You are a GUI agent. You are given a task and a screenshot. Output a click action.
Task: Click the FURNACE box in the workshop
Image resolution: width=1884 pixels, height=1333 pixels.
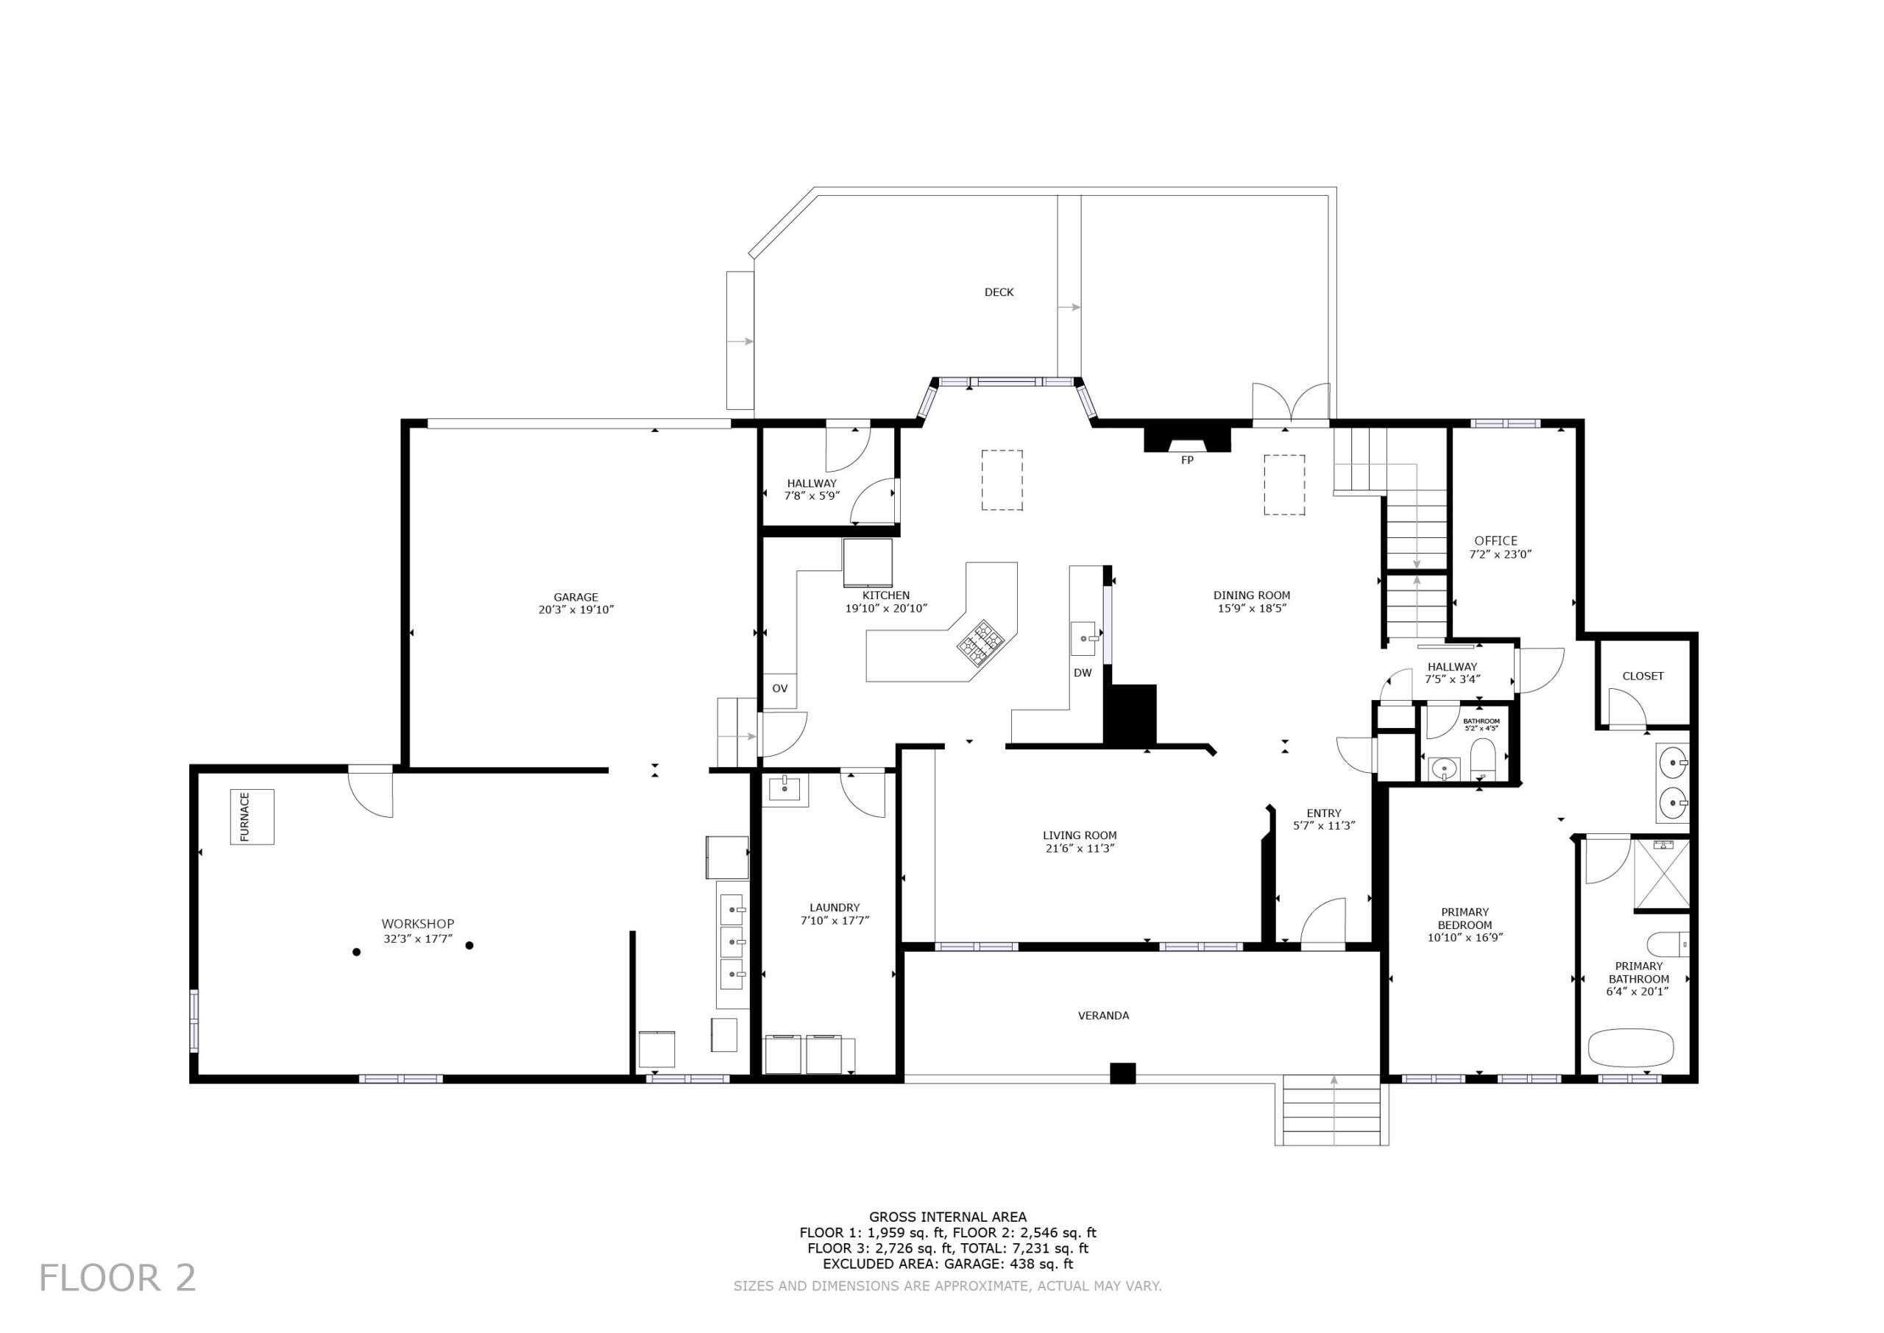pyautogui.click(x=252, y=817)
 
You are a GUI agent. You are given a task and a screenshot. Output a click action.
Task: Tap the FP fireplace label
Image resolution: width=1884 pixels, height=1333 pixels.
pyautogui.click(x=1186, y=461)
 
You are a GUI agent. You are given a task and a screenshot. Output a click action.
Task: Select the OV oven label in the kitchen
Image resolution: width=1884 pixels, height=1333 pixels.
pyautogui.click(x=779, y=689)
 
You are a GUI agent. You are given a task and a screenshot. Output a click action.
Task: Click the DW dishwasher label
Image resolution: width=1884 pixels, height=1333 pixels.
pyautogui.click(x=1083, y=673)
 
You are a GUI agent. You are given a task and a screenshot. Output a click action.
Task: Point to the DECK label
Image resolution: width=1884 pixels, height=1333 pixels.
pyautogui.click(x=999, y=292)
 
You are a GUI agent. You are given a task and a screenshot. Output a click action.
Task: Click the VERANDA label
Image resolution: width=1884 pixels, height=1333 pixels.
pyautogui.click(x=1104, y=1015)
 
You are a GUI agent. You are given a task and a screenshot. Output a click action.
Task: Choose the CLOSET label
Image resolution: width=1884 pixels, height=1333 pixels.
pyautogui.click(x=1643, y=676)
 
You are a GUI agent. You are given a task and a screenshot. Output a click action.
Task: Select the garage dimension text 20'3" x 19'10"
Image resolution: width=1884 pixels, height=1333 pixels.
pyautogui.click(x=576, y=610)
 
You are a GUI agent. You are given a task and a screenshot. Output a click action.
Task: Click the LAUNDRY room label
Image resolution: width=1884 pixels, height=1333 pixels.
pyautogui.click(x=835, y=908)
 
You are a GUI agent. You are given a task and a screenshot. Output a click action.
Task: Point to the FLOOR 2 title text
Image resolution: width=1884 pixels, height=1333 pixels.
pyautogui.click(x=117, y=1278)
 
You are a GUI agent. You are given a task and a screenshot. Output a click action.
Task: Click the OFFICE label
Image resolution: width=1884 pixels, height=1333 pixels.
pyautogui.click(x=1496, y=541)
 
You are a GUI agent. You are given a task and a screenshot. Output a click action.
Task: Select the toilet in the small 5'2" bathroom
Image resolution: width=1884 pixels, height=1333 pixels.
pyautogui.click(x=1484, y=760)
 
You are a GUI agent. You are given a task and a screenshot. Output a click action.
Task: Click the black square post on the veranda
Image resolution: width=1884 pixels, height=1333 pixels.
pyautogui.click(x=1122, y=1074)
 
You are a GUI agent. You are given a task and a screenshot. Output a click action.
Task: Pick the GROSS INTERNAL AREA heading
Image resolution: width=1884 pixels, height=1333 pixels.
pyautogui.click(x=948, y=1217)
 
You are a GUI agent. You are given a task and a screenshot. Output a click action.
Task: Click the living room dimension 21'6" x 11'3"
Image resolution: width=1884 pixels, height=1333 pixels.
pyautogui.click(x=1079, y=849)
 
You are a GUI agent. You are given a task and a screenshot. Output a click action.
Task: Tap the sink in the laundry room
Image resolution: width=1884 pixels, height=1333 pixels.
pyautogui.click(x=785, y=790)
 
